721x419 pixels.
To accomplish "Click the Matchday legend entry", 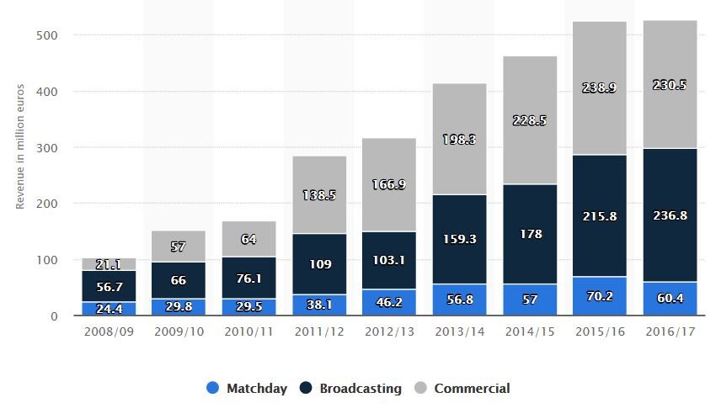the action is point(247,388).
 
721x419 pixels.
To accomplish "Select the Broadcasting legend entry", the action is point(350,388).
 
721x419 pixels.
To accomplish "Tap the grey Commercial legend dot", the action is point(421,388).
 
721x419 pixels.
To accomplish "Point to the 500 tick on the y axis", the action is point(47,35).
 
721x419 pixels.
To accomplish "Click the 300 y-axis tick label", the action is point(47,148).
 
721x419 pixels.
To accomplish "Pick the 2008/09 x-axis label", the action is point(109,331).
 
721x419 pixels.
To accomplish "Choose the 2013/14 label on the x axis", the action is point(460,331).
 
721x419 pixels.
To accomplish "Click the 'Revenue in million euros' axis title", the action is point(19,146).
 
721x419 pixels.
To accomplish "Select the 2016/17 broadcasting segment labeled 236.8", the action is point(670,215).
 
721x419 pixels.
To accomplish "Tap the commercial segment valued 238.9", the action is point(600,88).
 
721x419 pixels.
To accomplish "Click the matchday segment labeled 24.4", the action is point(109,308).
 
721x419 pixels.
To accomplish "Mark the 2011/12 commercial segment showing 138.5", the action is point(319,195).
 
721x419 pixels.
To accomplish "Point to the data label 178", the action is point(531,234).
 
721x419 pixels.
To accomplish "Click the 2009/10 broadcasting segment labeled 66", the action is point(179,280).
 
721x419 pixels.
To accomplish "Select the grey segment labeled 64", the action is point(248,239).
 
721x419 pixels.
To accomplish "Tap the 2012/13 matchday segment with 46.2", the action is point(389,302).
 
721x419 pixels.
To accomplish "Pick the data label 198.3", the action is point(459,139).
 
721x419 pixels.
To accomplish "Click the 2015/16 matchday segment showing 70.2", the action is point(600,296).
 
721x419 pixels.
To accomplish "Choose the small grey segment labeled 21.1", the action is point(109,264).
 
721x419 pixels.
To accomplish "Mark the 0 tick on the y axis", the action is point(54,316).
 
